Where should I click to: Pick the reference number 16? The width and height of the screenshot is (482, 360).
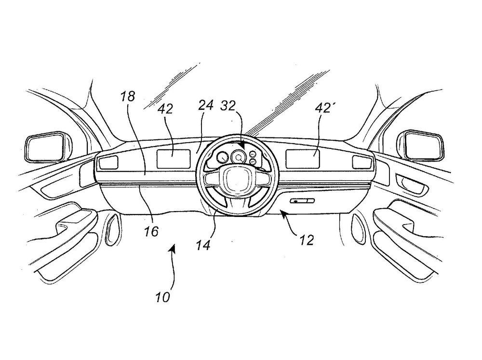click(x=151, y=231)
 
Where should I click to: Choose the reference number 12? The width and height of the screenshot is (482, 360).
click(x=305, y=239)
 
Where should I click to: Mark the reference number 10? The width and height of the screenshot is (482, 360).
click(x=163, y=297)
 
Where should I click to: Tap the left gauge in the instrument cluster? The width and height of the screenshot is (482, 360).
click(x=222, y=158)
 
